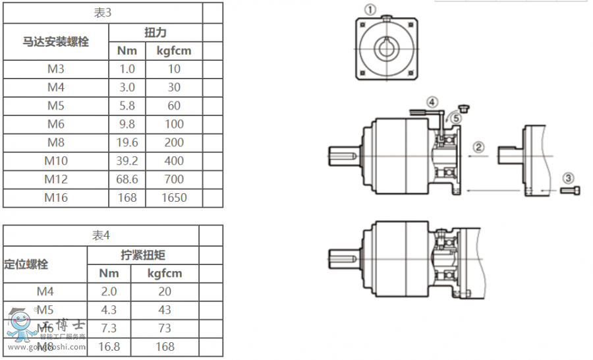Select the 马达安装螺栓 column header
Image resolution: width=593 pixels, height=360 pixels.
56,42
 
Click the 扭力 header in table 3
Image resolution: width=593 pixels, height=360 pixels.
155,32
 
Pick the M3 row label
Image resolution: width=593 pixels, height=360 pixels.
56,69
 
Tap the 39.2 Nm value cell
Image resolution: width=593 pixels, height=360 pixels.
127,161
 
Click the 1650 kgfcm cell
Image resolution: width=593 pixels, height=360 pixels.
174,198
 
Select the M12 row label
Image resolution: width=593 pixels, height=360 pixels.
56,179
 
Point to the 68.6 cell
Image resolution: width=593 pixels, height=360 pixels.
127,179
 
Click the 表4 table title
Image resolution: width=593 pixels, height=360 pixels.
100,235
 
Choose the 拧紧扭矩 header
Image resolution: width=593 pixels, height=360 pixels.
142,255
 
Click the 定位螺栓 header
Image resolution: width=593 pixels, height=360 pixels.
26,264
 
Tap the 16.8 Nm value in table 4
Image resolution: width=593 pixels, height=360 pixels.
109,346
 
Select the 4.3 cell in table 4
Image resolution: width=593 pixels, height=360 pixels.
109,309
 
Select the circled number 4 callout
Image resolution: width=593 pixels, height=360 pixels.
432,102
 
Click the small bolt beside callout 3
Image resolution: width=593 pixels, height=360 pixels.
571,191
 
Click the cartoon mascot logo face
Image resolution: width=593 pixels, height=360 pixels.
20,322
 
